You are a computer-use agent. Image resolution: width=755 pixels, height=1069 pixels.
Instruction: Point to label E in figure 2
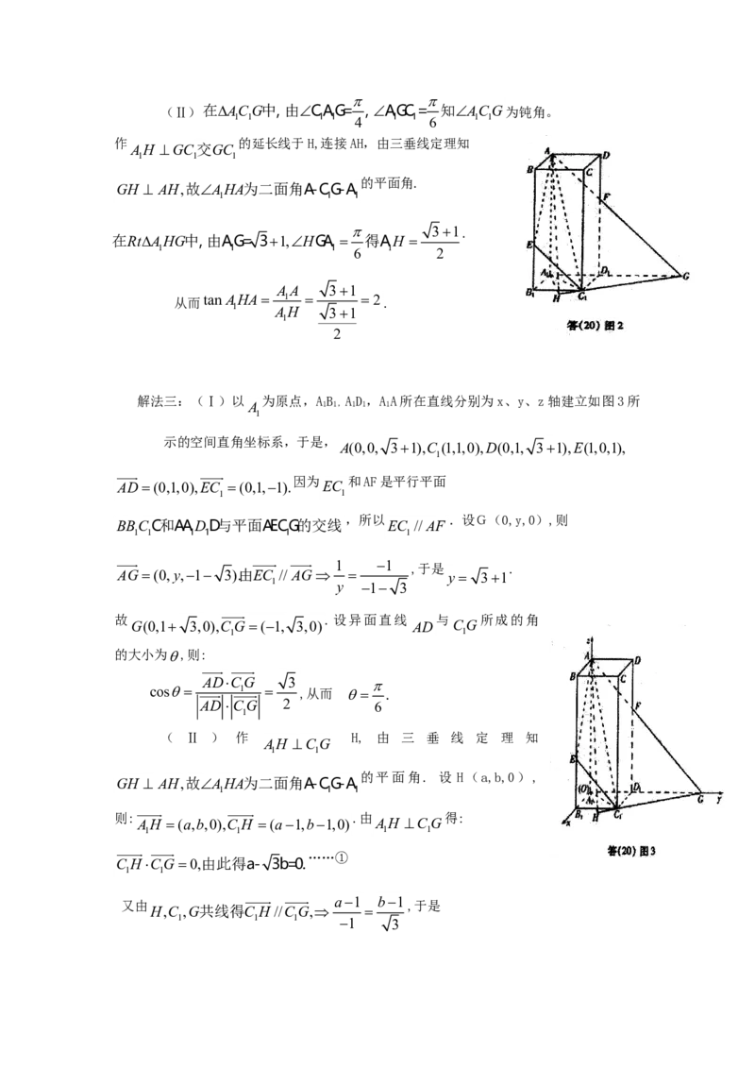tap(530, 245)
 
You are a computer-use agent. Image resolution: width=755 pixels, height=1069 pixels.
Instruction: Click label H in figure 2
tap(556, 299)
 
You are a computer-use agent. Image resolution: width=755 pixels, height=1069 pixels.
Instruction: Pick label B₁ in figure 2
tap(530, 293)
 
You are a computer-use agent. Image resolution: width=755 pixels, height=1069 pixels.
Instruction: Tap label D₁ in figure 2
tap(607, 271)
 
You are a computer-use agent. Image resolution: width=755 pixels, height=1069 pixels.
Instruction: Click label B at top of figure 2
tap(531, 170)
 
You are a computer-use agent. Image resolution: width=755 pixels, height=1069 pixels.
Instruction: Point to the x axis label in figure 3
tap(568, 824)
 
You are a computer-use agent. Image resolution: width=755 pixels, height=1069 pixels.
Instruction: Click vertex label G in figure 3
tap(700, 799)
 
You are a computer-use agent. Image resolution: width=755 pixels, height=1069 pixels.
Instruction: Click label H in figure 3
tap(595, 819)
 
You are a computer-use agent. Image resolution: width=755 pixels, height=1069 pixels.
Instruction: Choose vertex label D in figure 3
tap(638, 660)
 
